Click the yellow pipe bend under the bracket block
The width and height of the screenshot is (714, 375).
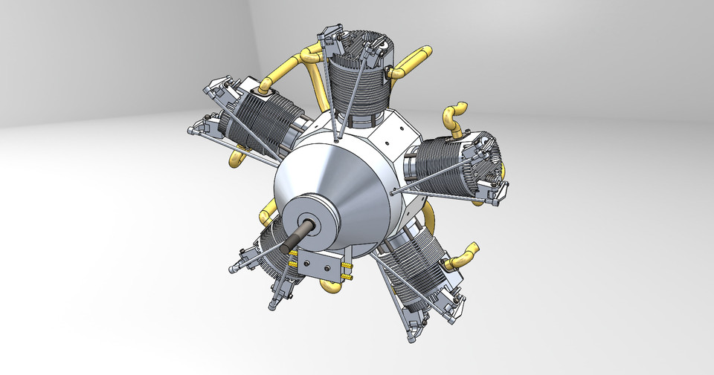click(x=330, y=283)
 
